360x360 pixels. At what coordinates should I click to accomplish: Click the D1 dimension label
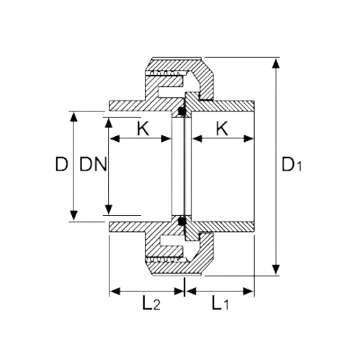point(292,165)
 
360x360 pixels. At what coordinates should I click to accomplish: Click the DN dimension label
point(93,164)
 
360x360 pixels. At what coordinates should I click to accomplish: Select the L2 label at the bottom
point(151,303)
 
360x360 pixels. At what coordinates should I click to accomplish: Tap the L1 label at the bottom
point(220,303)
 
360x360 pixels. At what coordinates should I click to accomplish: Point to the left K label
point(143,129)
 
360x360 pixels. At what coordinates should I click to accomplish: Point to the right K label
point(222,129)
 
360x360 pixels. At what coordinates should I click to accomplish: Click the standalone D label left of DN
point(61,164)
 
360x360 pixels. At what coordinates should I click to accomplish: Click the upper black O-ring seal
point(182,111)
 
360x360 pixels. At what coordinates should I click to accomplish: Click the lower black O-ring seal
point(182,221)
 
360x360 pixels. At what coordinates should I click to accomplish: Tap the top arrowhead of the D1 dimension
point(276,63)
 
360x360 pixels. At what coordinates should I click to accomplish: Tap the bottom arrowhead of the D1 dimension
point(276,270)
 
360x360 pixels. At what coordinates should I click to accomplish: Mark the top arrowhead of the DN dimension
point(109,123)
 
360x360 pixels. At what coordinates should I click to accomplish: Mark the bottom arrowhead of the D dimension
point(74,215)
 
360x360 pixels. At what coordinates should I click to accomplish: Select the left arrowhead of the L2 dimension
point(114,292)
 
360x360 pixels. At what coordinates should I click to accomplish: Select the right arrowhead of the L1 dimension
point(248,292)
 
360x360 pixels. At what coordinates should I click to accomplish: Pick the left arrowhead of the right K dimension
point(197,139)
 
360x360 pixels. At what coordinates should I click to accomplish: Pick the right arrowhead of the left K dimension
point(166,139)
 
